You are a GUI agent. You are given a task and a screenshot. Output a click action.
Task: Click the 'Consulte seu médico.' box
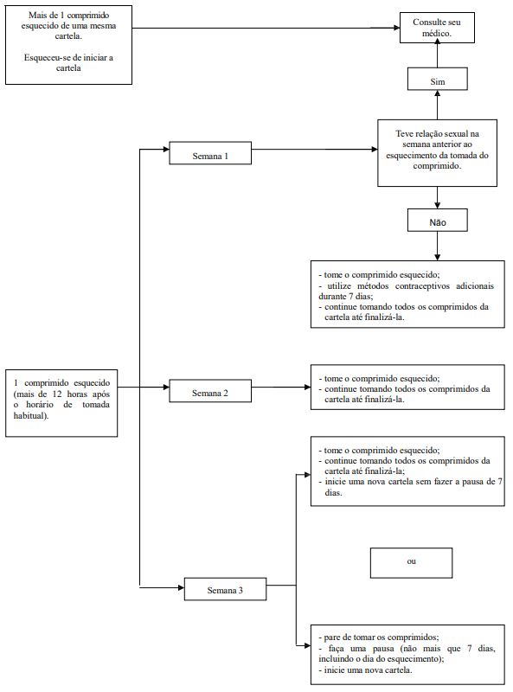(x=437, y=28)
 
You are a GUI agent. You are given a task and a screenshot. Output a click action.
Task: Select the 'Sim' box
(x=437, y=79)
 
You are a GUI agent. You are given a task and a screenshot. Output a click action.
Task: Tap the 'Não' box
(x=437, y=221)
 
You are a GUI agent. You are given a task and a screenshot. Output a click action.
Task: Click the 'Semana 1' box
(x=210, y=153)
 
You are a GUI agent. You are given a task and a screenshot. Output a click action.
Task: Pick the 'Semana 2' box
(x=210, y=391)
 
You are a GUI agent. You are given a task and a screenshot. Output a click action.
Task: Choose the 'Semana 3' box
(x=225, y=589)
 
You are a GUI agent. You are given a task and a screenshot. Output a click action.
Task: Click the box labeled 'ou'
(x=411, y=563)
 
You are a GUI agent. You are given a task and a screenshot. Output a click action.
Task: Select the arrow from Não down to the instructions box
(x=437, y=246)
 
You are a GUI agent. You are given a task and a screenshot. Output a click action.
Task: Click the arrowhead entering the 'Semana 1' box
(x=166, y=149)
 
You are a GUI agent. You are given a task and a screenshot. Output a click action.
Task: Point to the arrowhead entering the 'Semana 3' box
(x=181, y=587)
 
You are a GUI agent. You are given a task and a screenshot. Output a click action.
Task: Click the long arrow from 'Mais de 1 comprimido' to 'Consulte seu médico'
(x=266, y=28)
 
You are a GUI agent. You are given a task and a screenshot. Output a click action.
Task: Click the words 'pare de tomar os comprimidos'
(x=381, y=638)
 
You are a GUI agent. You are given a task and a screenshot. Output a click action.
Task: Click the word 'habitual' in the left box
(x=29, y=415)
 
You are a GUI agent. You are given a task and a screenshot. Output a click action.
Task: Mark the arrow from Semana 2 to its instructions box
(x=281, y=387)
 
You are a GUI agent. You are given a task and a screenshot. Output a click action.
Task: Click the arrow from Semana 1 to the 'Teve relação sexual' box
(x=315, y=149)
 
